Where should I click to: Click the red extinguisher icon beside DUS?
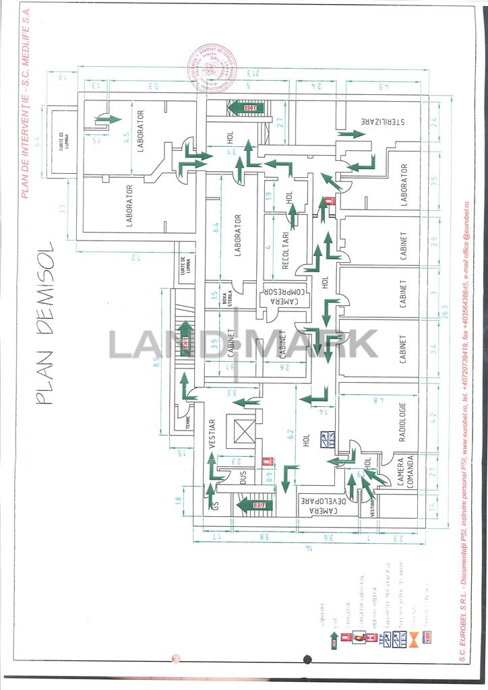tap(267, 463)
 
